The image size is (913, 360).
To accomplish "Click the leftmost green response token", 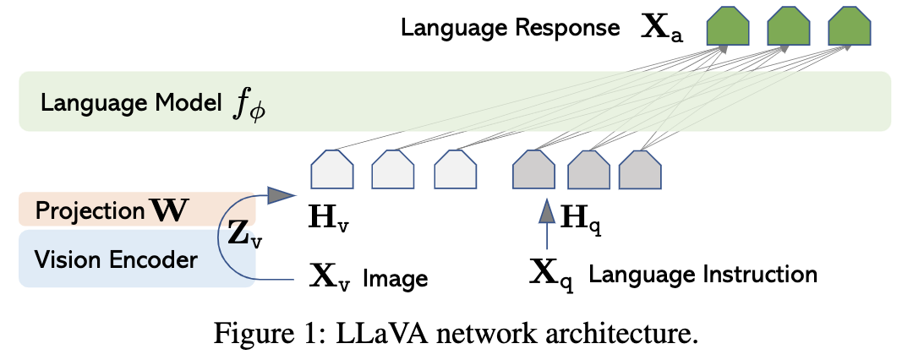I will (727, 28).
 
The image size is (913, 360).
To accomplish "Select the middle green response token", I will (788, 28).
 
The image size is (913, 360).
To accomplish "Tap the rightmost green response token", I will (848, 28).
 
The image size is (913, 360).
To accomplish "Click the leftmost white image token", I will (332, 169).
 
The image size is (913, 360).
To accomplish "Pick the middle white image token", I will (393, 169).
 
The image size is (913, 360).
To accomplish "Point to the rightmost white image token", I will (455, 169).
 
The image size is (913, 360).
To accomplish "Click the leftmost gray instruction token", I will (533, 169).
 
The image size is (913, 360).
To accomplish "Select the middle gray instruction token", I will (588, 169).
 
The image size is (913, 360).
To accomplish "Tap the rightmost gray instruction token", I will (640, 169).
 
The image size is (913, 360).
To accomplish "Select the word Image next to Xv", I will (395, 277).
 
